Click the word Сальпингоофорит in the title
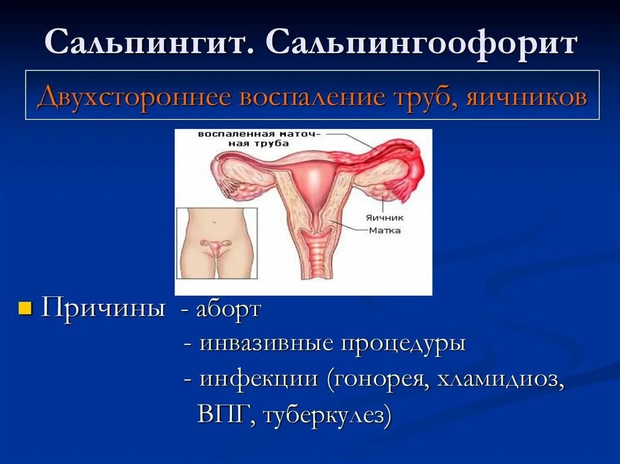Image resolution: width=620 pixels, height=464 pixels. [420, 44]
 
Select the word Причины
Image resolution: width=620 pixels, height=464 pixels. [104, 309]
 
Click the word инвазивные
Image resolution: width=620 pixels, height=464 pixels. [267, 344]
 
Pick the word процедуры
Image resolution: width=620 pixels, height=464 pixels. [403, 344]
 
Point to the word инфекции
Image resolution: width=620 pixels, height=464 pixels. [260, 379]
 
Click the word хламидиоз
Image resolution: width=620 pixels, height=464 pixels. [500, 379]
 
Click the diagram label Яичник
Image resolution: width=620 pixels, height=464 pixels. [384, 217]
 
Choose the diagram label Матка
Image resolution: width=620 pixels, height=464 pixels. [384, 230]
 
